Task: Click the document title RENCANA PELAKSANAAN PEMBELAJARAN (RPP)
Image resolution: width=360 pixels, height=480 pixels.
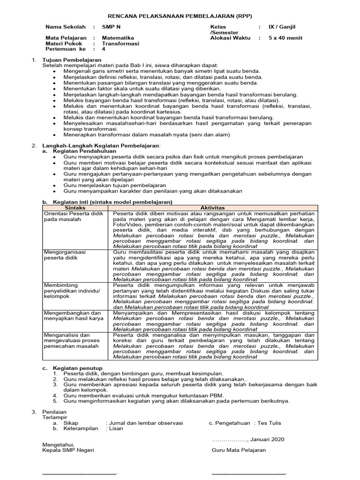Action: point(180,15)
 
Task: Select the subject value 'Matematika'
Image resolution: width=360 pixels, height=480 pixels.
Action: point(118,38)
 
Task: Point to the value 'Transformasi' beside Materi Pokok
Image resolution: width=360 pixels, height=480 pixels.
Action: point(120,43)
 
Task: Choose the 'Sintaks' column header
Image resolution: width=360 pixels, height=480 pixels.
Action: point(75,207)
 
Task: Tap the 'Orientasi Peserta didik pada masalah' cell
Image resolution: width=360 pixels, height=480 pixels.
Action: point(73,216)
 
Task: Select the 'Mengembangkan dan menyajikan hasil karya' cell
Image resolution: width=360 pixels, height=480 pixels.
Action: point(72,315)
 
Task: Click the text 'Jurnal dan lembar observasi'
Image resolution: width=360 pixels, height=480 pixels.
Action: point(144,423)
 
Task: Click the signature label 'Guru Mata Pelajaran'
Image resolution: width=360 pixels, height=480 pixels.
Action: point(239,450)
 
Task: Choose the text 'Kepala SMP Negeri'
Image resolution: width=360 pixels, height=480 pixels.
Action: point(68,450)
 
